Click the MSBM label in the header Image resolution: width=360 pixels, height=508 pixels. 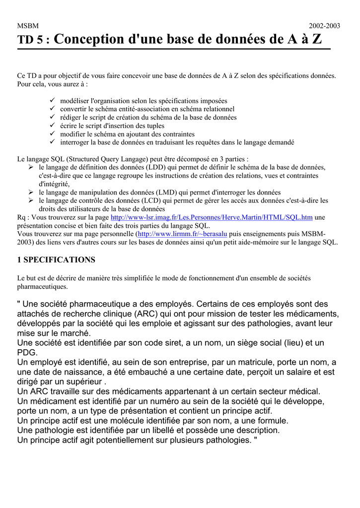[x=28, y=26]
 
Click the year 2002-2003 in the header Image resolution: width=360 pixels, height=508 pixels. [x=325, y=26]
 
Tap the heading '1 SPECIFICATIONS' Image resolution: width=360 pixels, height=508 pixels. [x=56, y=259]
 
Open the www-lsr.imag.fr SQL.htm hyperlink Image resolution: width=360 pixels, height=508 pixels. [x=212, y=217]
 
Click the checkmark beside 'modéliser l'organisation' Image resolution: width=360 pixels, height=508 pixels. [x=53, y=100]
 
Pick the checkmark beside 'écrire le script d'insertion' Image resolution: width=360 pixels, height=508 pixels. [x=53, y=126]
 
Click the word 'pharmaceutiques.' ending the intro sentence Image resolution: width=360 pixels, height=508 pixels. [x=42, y=287]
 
